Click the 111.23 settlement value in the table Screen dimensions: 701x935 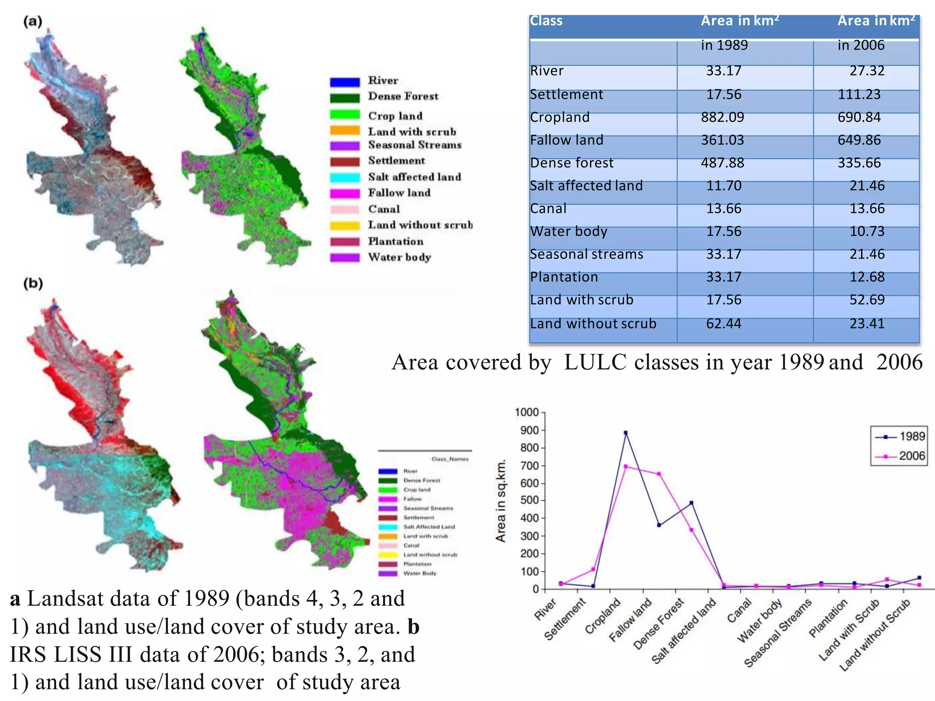coord(859,94)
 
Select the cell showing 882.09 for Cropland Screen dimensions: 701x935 coord(723,117)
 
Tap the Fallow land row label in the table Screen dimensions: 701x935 coord(567,140)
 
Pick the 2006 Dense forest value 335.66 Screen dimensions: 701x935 coord(859,163)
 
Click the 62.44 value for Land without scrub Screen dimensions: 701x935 coord(724,324)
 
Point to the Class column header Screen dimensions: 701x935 coord(546,21)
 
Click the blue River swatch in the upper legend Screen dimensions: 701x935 coord(345,82)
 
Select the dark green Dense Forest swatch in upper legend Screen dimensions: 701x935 coord(345,98)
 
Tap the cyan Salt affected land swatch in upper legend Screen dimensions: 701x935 coord(345,178)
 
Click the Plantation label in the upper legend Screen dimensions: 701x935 coord(396,241)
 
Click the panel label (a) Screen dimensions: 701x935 coord(33,21)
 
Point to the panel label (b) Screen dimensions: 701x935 coord(33,283)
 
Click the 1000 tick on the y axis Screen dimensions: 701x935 coord(527,413)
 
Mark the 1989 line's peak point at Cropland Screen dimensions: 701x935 coord(625,433)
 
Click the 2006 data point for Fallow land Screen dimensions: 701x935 coord(658,474)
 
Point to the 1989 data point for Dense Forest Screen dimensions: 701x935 coord(691,503)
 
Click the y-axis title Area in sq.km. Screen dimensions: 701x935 coord(501,501)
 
